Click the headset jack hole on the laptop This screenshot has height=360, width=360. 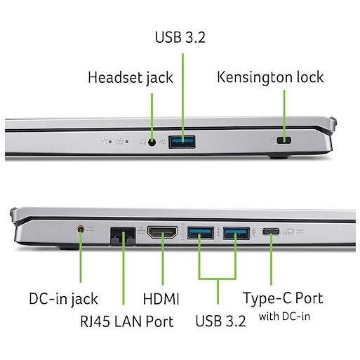152,142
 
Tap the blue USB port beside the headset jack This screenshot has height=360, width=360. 182,142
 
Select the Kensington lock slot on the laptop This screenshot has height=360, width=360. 284,140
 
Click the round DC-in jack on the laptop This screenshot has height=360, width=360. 81,229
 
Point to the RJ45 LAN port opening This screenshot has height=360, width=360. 123,236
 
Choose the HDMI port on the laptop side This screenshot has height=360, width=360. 162,232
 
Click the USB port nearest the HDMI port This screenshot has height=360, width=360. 201,233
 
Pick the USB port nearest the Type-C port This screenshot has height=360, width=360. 236,233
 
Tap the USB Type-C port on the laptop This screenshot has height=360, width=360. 271,232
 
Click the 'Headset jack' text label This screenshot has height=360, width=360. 131,78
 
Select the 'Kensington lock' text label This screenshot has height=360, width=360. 270,77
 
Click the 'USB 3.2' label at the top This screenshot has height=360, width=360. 180,37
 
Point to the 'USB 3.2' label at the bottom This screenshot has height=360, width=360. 220,321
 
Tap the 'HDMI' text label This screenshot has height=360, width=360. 161,299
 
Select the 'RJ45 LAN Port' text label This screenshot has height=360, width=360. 126,321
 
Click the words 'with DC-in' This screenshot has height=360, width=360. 284,316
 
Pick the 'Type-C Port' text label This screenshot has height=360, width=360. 284,298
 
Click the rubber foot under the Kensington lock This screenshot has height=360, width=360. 278,156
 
